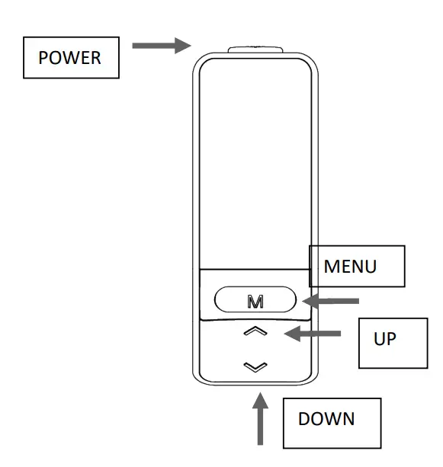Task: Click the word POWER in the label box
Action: [69, 58]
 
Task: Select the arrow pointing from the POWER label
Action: [161, 46]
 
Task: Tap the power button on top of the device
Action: [256, 50]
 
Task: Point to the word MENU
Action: [351, 267]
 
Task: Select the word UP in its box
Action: [385, 338]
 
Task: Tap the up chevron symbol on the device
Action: [255, 331]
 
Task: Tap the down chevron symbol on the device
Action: [255, 366]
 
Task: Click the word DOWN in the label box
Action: [326, 419]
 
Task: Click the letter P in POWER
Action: [43, 58]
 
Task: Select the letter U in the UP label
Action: [380, 338]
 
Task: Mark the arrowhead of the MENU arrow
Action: [309, 301]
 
